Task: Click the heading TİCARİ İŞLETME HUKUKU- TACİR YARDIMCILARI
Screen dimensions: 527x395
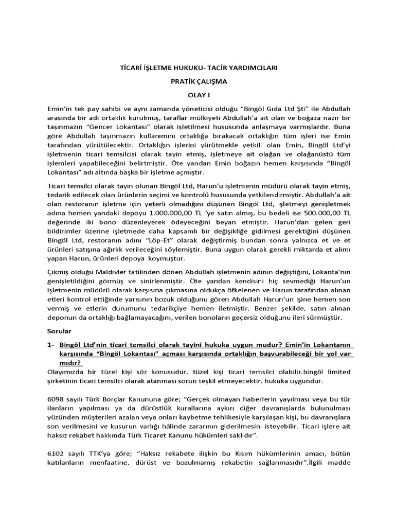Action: (197, 68)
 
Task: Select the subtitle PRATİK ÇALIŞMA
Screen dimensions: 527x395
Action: (197, 82)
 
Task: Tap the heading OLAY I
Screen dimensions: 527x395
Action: (197, 95)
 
